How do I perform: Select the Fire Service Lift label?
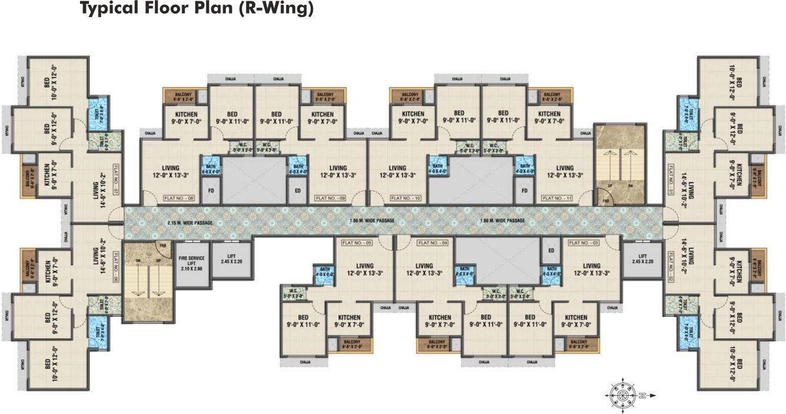pos(193,264)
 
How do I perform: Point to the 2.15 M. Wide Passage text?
pos(189,222)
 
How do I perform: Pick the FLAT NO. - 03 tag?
pos(583,242)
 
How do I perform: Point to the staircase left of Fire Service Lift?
pos(148,281)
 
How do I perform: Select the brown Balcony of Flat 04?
pos(437,344)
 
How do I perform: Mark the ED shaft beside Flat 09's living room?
pos(297,191)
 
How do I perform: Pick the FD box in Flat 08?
pos(211,191)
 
